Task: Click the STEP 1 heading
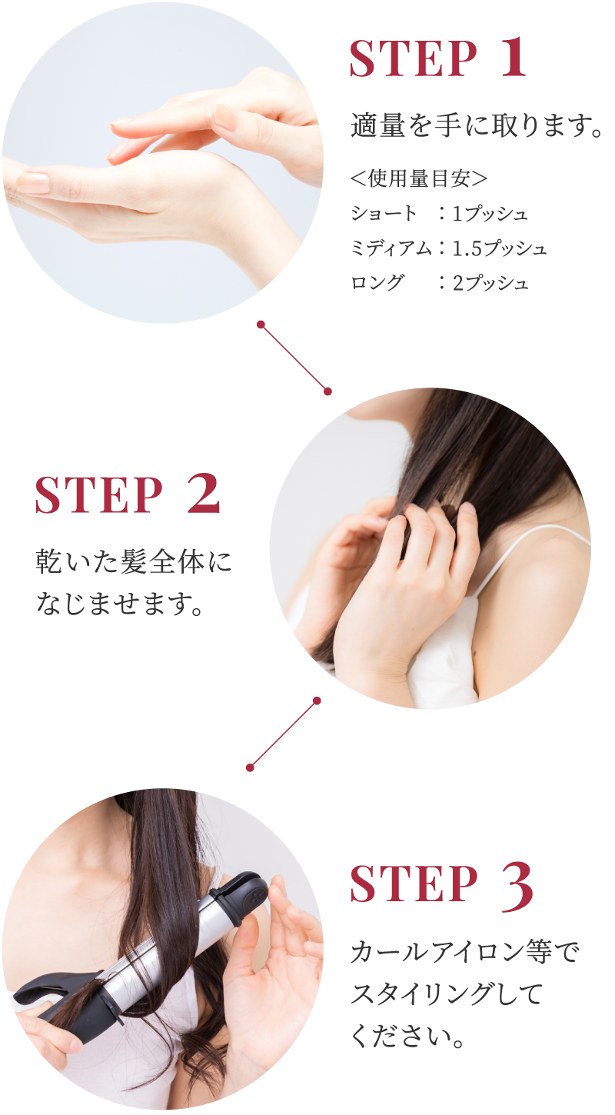coord(438,58)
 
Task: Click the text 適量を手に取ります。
coord(477,125)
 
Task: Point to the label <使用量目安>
coord(419,178)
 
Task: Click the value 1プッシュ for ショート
coord(490,214)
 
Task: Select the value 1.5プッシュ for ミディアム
coord(500,248)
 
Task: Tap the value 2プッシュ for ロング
coord(490,283)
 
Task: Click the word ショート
coord(384,214)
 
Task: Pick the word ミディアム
coord(391,248)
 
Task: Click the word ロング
coord(377,283)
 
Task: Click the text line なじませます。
coord(119,603)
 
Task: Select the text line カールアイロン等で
coord(465,952)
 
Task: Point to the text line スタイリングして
coord(447,994)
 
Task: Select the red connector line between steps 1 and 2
coord(294,358)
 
